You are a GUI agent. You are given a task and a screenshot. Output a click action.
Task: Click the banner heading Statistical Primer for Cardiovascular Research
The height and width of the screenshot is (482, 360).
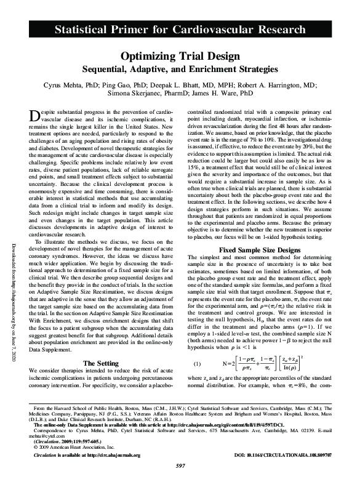click(179, 29)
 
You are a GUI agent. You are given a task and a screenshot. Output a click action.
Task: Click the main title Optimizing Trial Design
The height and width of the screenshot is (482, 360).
click(180, 56)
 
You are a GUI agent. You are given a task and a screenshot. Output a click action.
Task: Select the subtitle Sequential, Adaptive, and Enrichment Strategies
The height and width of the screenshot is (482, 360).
click(180, 69)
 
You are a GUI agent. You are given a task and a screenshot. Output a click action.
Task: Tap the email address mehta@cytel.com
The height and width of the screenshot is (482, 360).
click(43, 436)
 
